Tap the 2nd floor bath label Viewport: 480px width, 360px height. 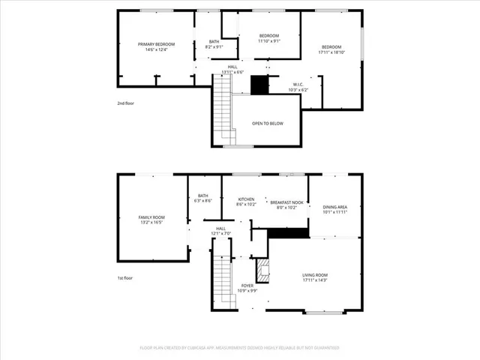coord(214,44)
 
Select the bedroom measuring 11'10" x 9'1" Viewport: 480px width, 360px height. coord(269,39)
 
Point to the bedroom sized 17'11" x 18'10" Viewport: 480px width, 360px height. coord(331,49)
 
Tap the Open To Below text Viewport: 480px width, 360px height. coord(268,123)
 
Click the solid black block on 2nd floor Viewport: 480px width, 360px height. coord(259,85)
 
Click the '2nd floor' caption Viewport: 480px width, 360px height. coord(127,103)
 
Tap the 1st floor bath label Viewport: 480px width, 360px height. coord(202,198)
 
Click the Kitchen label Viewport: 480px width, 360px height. coord(246,201)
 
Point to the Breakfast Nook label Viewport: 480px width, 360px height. coord(286,205)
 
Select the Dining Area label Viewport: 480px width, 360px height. coord(334,209)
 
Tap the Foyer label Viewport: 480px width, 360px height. coord(247,287)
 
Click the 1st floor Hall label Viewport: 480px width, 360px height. coord(221,231)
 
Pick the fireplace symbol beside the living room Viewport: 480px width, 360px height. coord(262,270)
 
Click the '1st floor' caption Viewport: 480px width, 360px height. coord(126,278)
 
